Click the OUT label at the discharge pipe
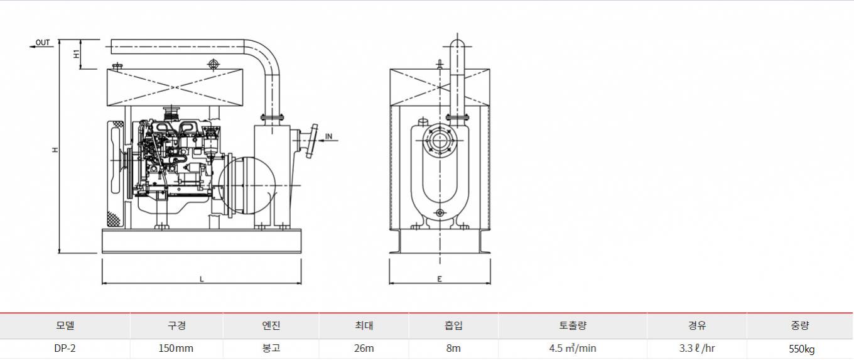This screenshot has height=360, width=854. coord(43,42)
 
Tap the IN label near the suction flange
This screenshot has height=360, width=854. coord(328,136)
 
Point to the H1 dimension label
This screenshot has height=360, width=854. coord(77,54)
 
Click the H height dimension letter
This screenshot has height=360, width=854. coord(55,150)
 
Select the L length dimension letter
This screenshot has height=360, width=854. coord(202,279)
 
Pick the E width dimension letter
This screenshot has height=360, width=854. coord(440,279)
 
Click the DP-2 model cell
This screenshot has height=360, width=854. coord(65,348)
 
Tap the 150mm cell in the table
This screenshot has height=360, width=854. coord(176,348)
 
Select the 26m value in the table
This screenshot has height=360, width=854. coord(364,348)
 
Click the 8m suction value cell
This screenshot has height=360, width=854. coord(453,348)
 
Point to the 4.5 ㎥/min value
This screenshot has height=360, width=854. coord(573,348)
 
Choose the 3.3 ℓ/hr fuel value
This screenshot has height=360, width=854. coord(697,348)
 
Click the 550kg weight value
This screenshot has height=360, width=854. coord(802,349)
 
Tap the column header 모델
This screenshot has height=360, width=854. coord(65,325)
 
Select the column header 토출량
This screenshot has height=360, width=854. coord(573,325)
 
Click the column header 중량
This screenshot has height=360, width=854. coord(800,325)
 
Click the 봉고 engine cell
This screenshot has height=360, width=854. coord(271,348)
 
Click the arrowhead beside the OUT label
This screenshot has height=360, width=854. coord(32,46)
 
